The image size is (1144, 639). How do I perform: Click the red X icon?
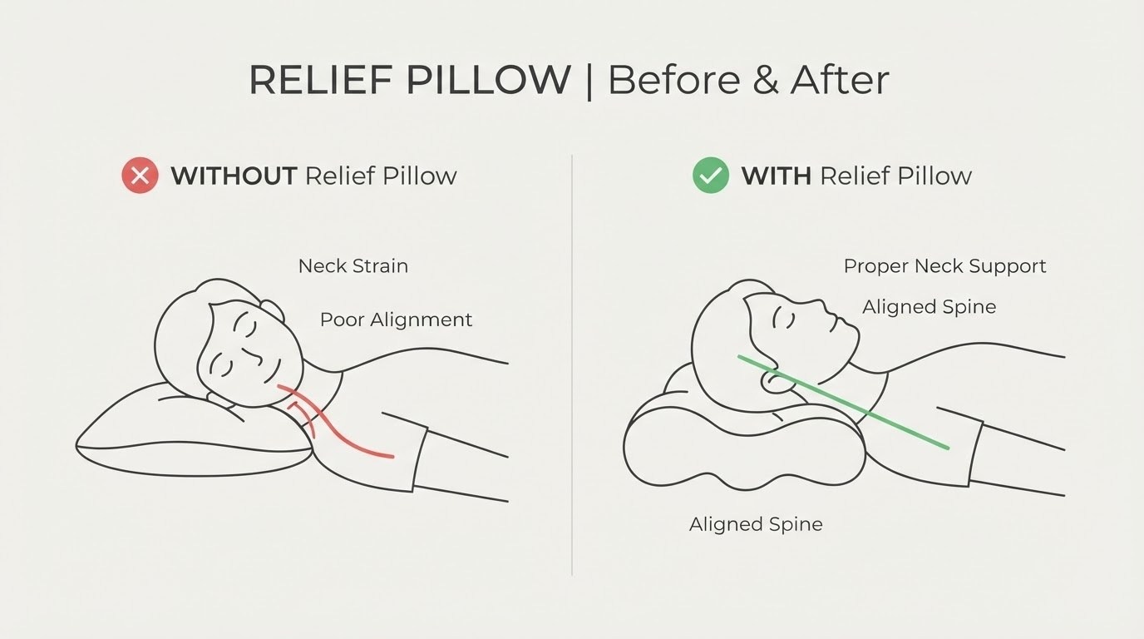tap(140, 176)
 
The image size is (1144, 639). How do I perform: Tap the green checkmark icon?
tap(711, 176)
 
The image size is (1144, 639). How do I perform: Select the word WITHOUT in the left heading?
tap(234, 176)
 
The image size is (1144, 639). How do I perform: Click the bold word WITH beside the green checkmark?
tap(777, 176)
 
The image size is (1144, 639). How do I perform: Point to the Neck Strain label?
tap(353, 265)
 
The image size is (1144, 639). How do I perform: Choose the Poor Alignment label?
tap(396, 319)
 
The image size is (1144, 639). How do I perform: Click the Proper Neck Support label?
tap(944, 265)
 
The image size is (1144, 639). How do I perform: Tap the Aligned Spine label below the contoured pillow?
tap(756, 524)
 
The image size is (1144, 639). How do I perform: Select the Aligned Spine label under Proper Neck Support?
tap(929, 307)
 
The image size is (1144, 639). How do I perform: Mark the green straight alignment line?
tap(843, 403)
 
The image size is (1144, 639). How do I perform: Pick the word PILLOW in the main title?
tap(489, 80)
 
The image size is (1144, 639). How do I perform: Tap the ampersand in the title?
tap(765, 80)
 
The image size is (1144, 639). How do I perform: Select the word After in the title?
tap(840, 80)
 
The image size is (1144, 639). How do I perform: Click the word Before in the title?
tap(674, 80)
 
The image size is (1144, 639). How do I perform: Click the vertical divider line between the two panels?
tap(571, 365)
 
